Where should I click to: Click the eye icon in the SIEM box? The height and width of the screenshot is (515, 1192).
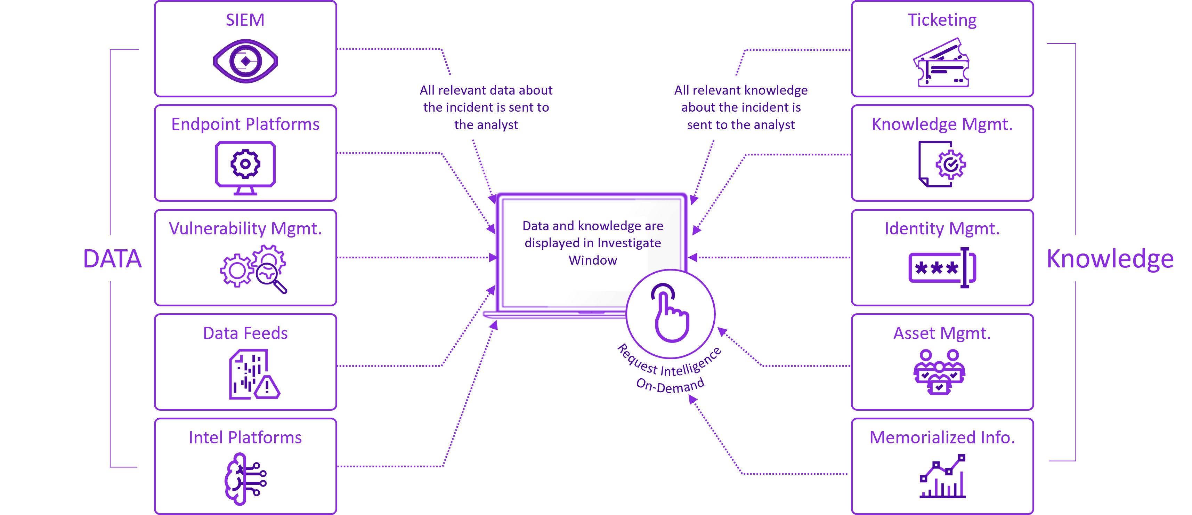[x=245, y=61]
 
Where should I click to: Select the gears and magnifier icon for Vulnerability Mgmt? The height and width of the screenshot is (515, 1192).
[x=253, y=269]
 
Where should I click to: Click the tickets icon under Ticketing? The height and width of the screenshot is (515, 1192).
[x=941, y=63]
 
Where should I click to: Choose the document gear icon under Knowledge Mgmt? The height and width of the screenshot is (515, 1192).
[x=942, y=164]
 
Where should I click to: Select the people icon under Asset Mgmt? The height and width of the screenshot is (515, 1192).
[x=939, y=372]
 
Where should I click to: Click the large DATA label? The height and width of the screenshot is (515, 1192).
[x=112, y=258]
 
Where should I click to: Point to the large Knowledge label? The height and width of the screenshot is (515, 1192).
[x=1110, y=258]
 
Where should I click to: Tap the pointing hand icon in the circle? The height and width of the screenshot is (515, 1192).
[x=671, y=313]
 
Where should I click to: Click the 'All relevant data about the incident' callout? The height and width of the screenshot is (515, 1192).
[x=486, y=107]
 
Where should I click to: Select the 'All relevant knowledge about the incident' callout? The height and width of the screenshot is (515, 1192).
[x=741, y=107]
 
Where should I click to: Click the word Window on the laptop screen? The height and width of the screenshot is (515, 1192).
[x=593, y=260]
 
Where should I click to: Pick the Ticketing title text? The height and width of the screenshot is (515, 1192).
[x=942, y=20]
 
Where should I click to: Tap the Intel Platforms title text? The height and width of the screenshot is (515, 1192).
[x=245, y=437]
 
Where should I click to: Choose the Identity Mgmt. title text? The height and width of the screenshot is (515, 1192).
[x=942, y=228]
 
